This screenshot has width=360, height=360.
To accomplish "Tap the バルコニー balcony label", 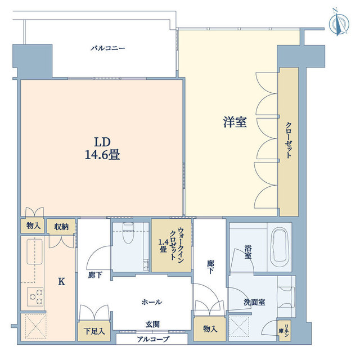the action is tap(107, 48).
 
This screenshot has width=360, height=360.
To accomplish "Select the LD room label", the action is tap(102, 142).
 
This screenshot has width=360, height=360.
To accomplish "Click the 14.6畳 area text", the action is tap(102, 155).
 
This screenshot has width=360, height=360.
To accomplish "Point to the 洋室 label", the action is tap(235, 122).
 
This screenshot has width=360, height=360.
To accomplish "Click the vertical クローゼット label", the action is tap(289, 140).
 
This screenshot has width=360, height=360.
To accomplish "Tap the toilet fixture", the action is tap(128, 232).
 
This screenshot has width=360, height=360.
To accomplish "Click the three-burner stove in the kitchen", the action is tap(35, 296).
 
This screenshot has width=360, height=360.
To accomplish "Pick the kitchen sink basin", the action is tap(35, 251).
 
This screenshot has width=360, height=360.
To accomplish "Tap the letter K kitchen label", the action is tap(61, 281).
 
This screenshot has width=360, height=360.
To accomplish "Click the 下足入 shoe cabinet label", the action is tap(94, 331).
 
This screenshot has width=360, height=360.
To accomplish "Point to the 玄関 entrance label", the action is tap(152, 325).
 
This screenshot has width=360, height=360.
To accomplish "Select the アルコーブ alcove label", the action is tap(153, 339).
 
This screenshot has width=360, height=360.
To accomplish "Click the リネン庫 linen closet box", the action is tap(285, 330).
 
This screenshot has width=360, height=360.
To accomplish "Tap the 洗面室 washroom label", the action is tap(254, 302).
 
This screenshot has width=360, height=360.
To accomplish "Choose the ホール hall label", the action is tap(151, 302).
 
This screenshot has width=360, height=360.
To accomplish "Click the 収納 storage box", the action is tap(61, 227).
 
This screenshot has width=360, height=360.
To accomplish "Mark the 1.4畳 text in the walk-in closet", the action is tap(163, 246).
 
